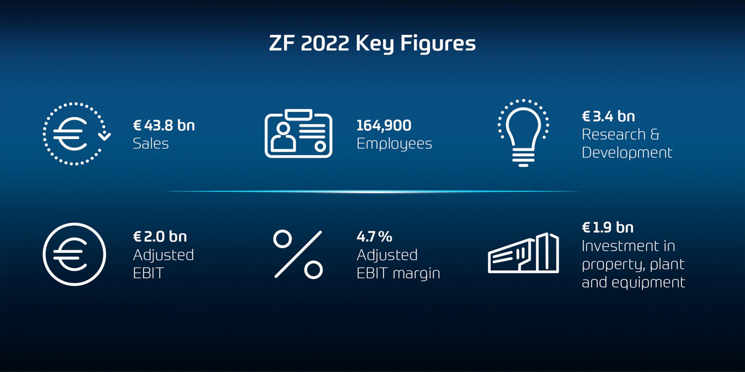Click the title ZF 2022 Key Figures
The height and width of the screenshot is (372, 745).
pos(372,44)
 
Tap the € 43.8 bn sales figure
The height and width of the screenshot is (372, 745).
pos(164,126)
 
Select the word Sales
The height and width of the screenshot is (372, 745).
pos(151,144)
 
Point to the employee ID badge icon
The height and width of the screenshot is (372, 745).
pos(298,134)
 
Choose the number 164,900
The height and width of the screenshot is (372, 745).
pos(384,126)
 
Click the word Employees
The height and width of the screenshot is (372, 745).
pos(394,144)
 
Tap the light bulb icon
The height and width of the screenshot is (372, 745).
pos(523,133)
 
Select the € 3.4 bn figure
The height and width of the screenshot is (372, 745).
pos(608,116)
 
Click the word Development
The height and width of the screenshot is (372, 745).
pos(627,153)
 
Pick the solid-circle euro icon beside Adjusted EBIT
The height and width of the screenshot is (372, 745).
pos(74,254)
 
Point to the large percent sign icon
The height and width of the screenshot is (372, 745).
pos(298,254)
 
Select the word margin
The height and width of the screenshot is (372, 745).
pos(416,274)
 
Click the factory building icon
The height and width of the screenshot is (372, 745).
pos(523,253)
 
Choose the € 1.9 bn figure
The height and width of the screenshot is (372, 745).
pos(608,228)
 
